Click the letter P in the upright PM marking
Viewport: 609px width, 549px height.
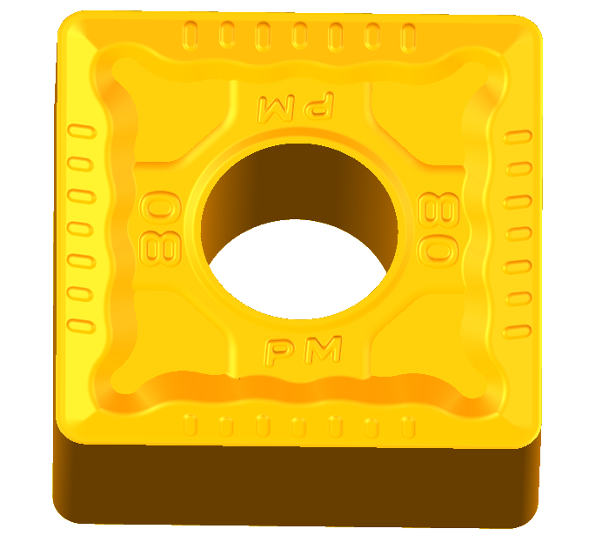pyautogui.click(x=278, y=352)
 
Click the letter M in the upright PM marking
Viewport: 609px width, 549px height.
pyautogui.click(x=322, y=350)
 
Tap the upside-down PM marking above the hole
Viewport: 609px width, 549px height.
pyautogui.click(x=295, y=106)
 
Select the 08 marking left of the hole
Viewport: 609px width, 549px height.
pyautogui.click(x=160, y=229)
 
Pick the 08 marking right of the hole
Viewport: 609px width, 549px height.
pyautogui.click(x=438, y=229)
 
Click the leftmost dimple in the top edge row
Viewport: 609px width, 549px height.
pyautogui.click(x=190, y=36)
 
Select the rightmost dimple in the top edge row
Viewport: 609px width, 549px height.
pyautogui.click(x=408, y=37)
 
